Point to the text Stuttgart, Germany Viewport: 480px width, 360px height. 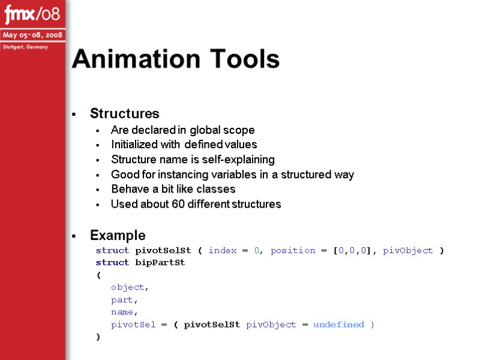(x=26, y=47)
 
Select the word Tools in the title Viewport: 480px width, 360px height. (x=244, y=59)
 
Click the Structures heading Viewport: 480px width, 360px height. (x=125, y=113)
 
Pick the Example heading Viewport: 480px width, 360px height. (x=118, y=235)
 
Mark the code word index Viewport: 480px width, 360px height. (x=223, y=251)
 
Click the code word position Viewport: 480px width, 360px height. (x=293, y=251)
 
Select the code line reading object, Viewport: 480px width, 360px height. (x=130, y=287)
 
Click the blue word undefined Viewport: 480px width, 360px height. (x=338, y=325)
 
